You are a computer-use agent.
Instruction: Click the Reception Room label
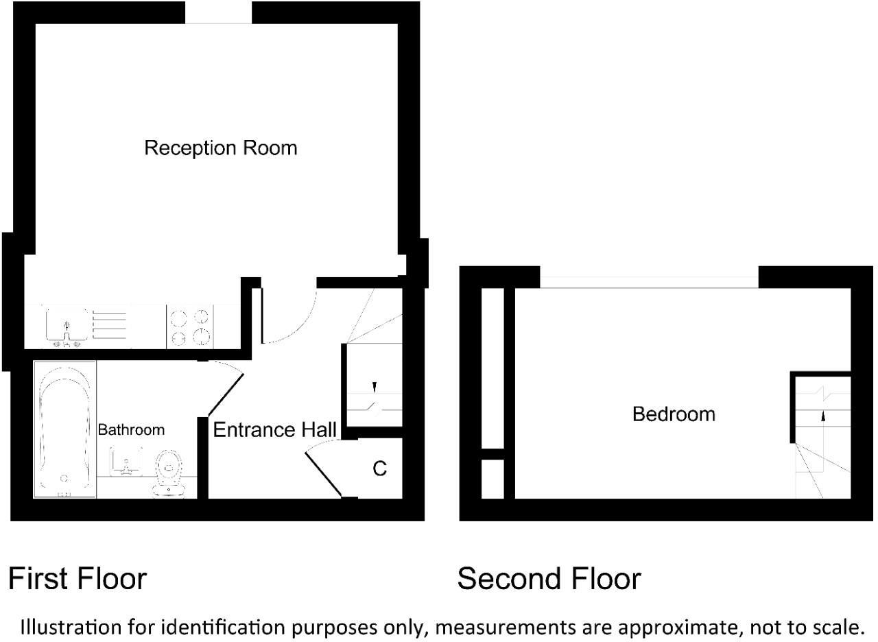pos(220,148)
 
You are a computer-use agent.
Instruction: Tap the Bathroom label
pos(131,430)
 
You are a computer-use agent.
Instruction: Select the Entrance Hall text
pos(274,430)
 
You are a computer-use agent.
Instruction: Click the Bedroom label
pos(674,414)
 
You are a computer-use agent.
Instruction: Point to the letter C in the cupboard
pos(379,468)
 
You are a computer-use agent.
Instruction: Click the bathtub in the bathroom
pos(64,430)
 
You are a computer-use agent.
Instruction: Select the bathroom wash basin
pos(126,461)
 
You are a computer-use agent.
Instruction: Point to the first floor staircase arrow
pos(374,388)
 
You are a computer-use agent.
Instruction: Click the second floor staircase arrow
pos(822,414)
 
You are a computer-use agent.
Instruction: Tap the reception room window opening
pos(218,12)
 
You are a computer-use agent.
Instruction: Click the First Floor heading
pos(77,579)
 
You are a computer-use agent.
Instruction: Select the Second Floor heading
pos(549,579)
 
